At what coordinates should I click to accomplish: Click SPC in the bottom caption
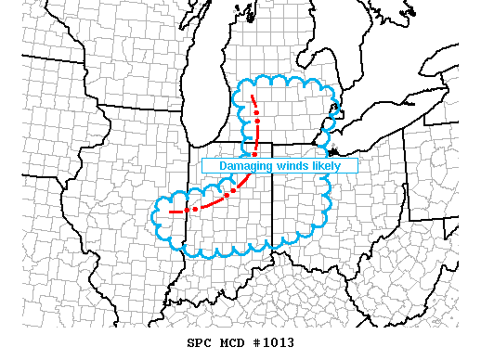coord(199,342)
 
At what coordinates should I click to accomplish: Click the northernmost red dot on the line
coord(255,113)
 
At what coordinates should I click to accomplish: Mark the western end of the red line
coord(169,212)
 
